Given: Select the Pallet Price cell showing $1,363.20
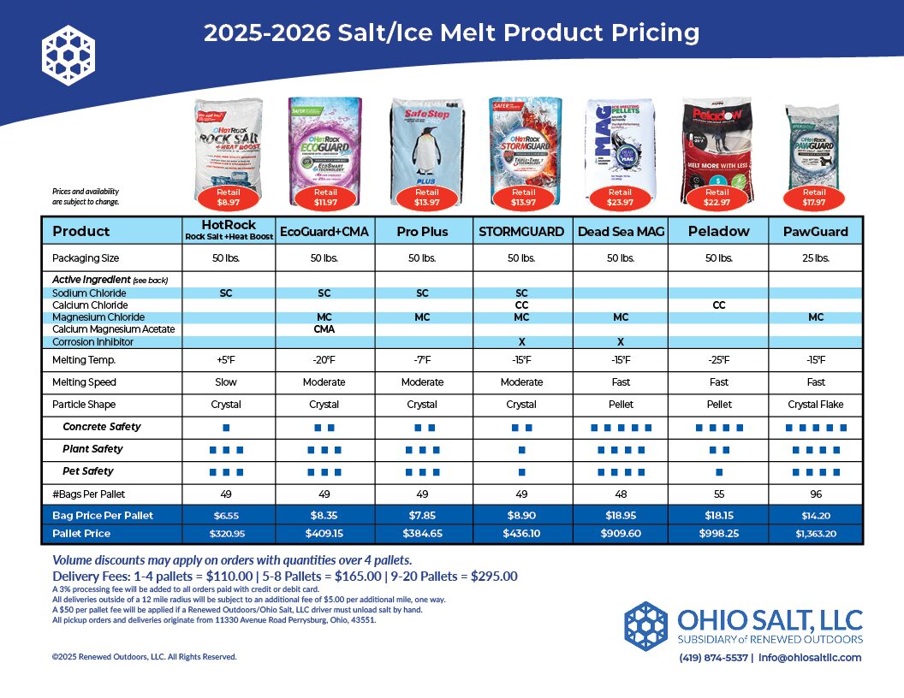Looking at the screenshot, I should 815,533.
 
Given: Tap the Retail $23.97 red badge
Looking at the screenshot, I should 620,198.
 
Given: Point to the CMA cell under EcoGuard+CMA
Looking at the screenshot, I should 324,329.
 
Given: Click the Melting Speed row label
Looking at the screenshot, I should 84,382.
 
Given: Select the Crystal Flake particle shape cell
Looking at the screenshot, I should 815,405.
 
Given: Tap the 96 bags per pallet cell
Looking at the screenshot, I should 815,494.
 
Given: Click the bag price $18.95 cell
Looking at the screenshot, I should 620,516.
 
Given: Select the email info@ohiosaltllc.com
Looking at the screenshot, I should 809,658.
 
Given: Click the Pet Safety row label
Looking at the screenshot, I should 87,471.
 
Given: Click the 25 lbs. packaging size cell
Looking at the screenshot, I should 815,257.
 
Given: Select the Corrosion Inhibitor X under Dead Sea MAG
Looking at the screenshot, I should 620,342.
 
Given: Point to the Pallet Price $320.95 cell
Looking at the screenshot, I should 227,533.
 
